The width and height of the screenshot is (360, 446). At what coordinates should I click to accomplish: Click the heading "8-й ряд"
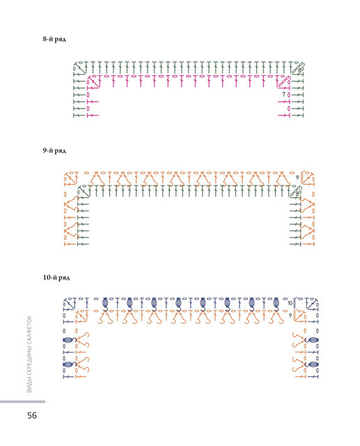point(54,39)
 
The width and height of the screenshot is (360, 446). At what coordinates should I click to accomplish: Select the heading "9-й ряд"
point(54,151)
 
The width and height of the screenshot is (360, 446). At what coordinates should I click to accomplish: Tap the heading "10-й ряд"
point(56,277)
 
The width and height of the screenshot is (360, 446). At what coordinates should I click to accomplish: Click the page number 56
point(32,415)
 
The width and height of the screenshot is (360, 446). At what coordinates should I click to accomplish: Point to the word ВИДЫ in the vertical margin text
point(29,386)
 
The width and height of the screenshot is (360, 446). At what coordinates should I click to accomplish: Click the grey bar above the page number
point(22,401)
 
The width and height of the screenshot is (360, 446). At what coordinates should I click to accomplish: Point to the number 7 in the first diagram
point(283,94)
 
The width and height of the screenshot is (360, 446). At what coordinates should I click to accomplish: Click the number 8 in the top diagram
point(299,70)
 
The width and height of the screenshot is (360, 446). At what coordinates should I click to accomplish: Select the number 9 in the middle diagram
point(297,178)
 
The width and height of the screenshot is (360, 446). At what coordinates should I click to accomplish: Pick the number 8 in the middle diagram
point(297,194)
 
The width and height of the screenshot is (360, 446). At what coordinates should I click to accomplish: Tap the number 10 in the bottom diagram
point(290,303)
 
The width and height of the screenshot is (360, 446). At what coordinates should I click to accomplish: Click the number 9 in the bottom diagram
point(290,316)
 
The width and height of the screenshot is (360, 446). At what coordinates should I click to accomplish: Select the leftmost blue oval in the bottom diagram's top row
point(105,302)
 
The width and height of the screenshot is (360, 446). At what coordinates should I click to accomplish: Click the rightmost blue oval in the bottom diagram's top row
point(276,302)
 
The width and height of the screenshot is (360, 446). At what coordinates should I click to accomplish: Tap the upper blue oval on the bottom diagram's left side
point(68,340)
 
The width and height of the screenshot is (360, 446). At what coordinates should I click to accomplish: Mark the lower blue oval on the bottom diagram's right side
point(313,364)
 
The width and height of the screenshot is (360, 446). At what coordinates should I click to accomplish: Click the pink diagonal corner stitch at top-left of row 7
point(95,82)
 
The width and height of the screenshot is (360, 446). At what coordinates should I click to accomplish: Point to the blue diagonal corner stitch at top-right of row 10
point(312,305)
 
